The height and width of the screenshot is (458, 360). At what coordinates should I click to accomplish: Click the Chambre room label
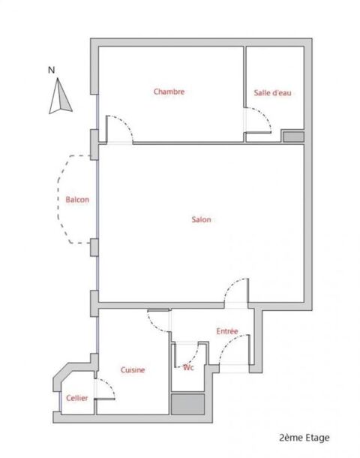tap(169, 92)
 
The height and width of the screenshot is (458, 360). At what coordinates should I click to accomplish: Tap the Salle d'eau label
tap(272, 92)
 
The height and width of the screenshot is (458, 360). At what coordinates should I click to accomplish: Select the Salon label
tap(201, 220)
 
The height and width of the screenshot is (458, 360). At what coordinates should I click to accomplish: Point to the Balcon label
tap(77, 200)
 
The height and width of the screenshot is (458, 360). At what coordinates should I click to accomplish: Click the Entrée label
tap(227, 331)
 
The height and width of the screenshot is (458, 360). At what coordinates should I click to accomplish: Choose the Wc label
tap(189, 368)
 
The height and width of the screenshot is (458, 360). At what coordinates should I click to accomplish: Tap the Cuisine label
tap(133, 370)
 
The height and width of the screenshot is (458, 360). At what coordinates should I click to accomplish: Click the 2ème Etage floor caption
tap(304, 437)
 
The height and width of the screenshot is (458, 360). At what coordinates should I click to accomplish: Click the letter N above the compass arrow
tap(51, 71)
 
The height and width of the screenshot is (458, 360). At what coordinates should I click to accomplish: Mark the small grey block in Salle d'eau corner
tap(292, 136)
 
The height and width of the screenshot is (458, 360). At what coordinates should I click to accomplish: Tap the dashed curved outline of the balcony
tap(61, 199)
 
